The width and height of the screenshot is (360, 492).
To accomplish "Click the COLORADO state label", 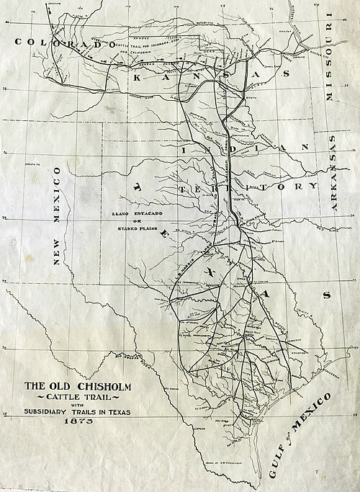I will coord(63,43).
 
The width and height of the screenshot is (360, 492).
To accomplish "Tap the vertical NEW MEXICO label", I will coord(56,224).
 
